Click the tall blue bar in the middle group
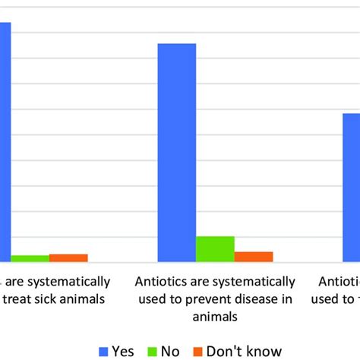click(177, 152)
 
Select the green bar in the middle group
click(215, 249)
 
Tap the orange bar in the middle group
click(253, 257)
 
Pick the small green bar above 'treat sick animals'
click(30, 258)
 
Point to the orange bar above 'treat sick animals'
click(68, 257)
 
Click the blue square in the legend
click(105, 350)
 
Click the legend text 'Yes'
click(123, 350)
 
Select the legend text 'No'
click(169, 350)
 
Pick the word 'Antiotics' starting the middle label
click(160, 282)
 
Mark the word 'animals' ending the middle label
click(216, 315)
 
